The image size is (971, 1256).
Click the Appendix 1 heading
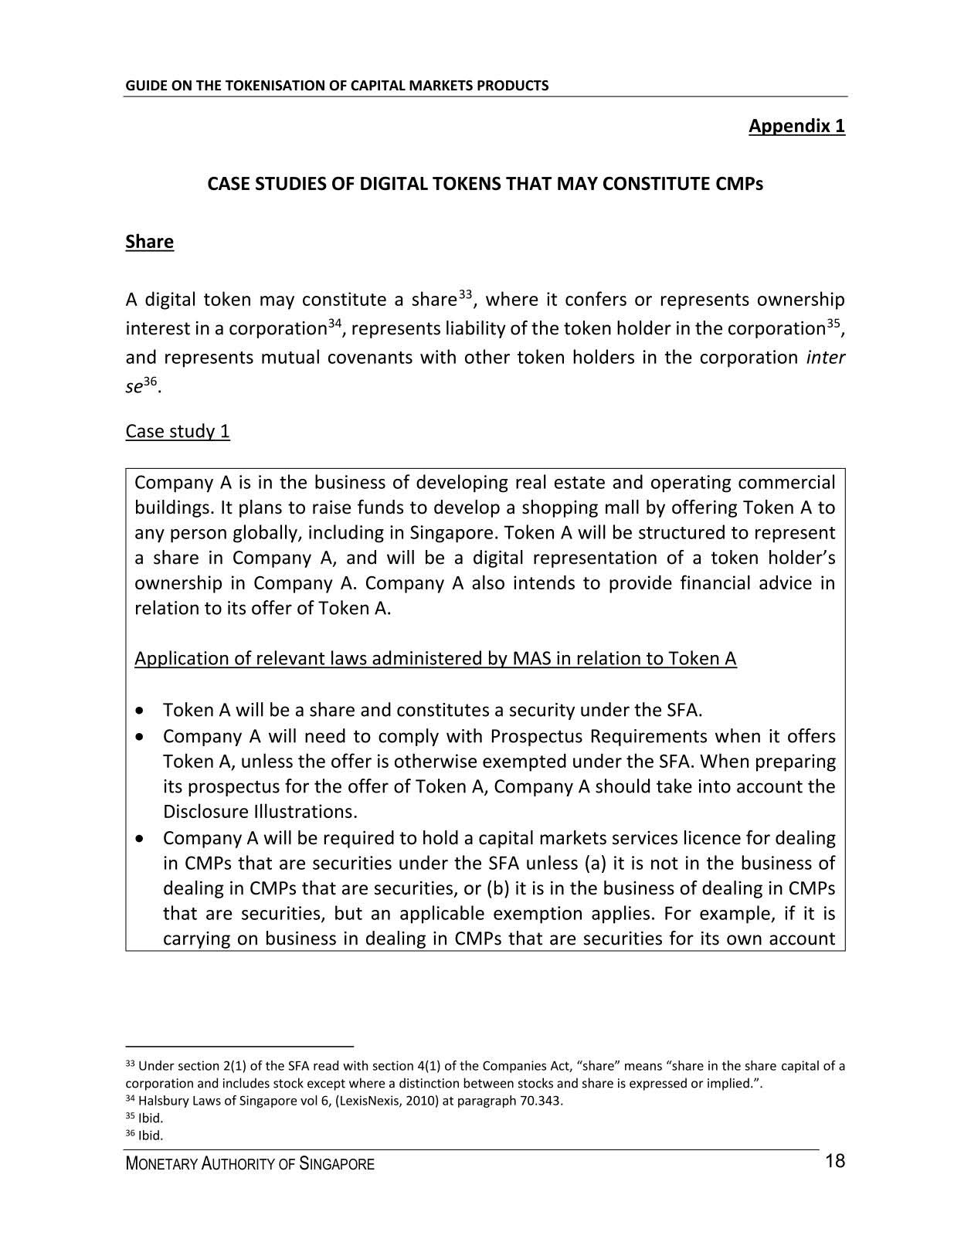pyautogui.click(x=796, y=126)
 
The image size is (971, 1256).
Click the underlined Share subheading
pyautogui.click(x=149, y=242)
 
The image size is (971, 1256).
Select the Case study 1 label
pyautogui.click(x=178, y=431)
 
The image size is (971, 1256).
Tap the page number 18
pyautogui.click(x=835, y=1161)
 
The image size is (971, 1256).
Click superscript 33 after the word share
pyautogui.click(x=465, y=294)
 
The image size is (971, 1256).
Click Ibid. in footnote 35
pyautogui.click(x=151, y=1119)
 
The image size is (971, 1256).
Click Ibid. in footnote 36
pyautogui.click(x=151, y=1135)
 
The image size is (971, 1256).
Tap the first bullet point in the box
pyautogui.click(x=139, y=710)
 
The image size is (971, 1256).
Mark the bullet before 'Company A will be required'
pyautogui.click(x=139, y=838)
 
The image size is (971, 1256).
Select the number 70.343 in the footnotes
pyautogui.click(x=541, y=1101)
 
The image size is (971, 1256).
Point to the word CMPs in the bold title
pyautogui.click(x=741, y=185)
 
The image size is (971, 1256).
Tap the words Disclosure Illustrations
pyautogui.click(x=260, y=812)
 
